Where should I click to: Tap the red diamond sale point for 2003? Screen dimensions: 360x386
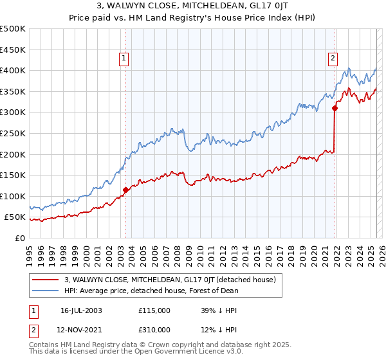pyautogui.click(x=125, y=190)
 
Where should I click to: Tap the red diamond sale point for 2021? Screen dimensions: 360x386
pyautogui.click(x=335, y=108)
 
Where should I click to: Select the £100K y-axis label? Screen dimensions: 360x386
pyautogui.click(x=14, y=196)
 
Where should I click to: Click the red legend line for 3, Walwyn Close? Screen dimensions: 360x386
pyautogui.click(x=46, y=280)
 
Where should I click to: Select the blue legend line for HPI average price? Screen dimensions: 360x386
pyautogui.click(x=46, y=291)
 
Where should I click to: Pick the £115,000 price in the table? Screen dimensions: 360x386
pyautogui.click(x=154, y=310)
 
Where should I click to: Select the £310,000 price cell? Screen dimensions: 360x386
pyautogui.click(x=154, y=330)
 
